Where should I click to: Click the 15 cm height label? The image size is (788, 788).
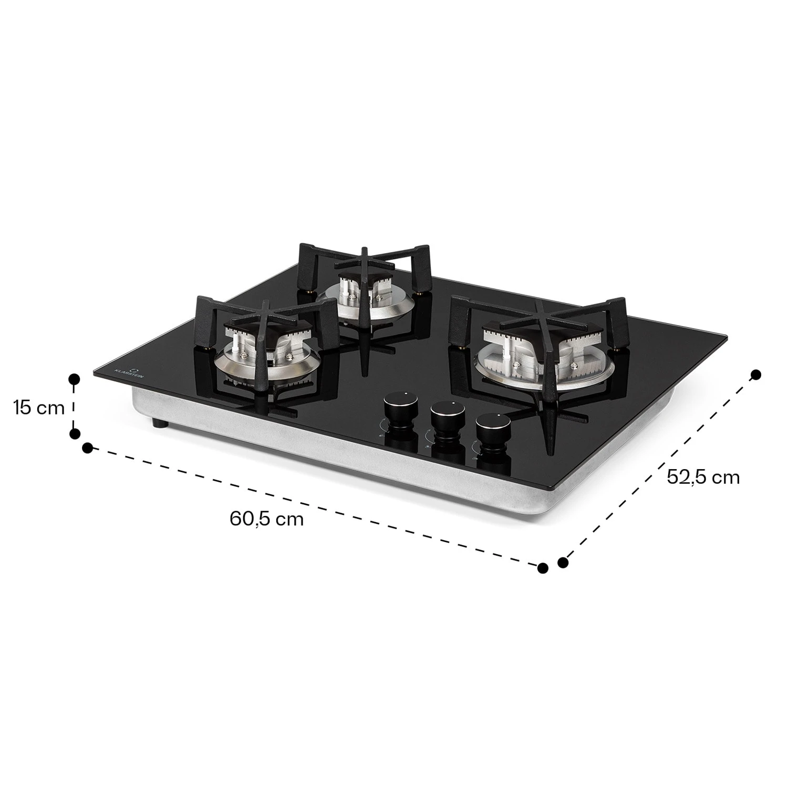point(39,407)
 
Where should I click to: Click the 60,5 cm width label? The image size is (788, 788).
point(266,519)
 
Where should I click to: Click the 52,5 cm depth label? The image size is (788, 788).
point(703,476)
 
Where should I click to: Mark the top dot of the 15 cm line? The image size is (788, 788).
point(75,378)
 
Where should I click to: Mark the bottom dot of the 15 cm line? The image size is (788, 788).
point(75,433)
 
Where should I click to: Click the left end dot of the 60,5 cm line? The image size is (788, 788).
point(88,448)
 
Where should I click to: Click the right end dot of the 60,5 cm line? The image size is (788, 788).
point(543,568)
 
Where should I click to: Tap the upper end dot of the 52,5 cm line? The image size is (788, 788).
point(756,375)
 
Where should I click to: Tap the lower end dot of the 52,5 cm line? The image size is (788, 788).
point(563,563)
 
